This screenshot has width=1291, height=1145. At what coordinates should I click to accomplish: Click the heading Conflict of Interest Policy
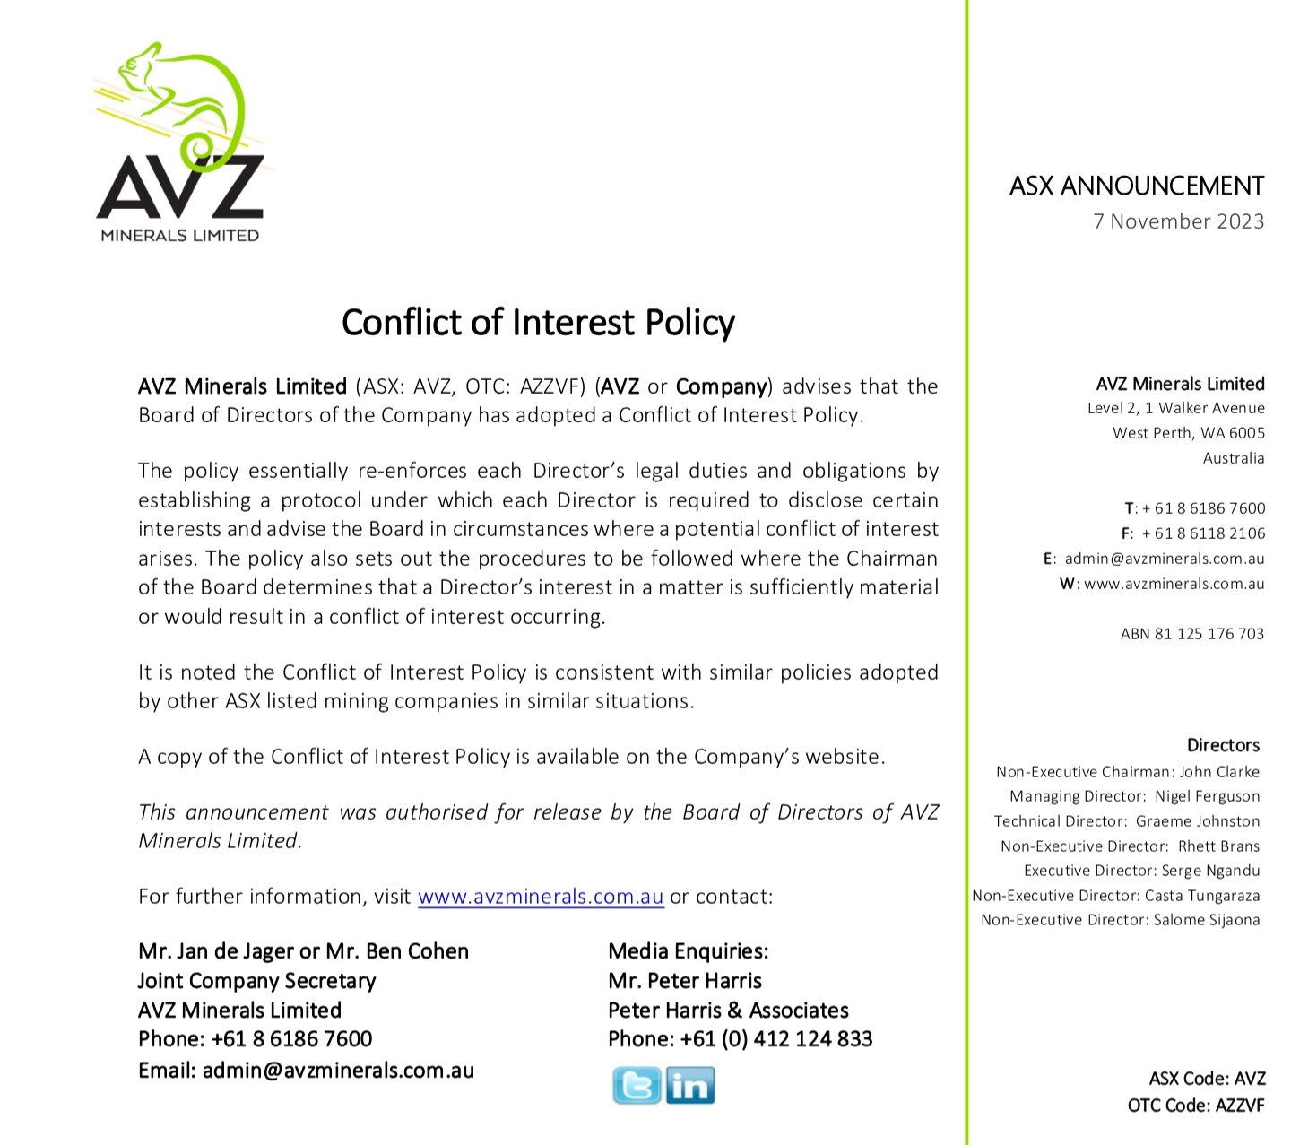(x=538, y=323)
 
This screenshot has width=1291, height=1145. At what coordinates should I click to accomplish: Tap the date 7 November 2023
(x=1178, y=221)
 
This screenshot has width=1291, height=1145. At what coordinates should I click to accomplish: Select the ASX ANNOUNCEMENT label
(x=1136, y=186)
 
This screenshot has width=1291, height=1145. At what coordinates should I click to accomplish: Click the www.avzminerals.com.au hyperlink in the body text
(x=541, y=897)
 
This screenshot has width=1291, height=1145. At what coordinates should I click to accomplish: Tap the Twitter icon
(x=637, y=1086)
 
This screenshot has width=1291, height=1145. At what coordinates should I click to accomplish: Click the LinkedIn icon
(x=689, y=1086)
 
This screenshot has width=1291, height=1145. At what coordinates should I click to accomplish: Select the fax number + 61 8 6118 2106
(x=1203, y=533)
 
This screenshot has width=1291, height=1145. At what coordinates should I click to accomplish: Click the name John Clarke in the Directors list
(x=1219, y=772)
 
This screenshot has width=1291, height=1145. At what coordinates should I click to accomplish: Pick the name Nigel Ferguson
(x=1207, y=796)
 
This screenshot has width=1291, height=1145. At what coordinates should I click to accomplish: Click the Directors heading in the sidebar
(x=1223, y=745)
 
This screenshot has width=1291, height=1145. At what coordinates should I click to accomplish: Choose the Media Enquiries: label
(x=688, y=951)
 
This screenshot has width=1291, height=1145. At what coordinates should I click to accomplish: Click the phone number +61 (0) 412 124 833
(x=775, y=1039)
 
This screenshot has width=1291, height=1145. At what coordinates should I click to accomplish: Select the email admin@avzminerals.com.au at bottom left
(x=338, y=1071)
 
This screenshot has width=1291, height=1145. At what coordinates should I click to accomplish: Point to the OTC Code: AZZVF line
(x=1195, y=1106)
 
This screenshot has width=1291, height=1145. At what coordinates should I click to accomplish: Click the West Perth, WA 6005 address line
(x=1188, y=433)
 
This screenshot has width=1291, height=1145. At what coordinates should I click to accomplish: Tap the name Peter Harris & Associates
(x=728, y=1011)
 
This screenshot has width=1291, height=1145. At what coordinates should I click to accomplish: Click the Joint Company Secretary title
(x=256, y=981)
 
